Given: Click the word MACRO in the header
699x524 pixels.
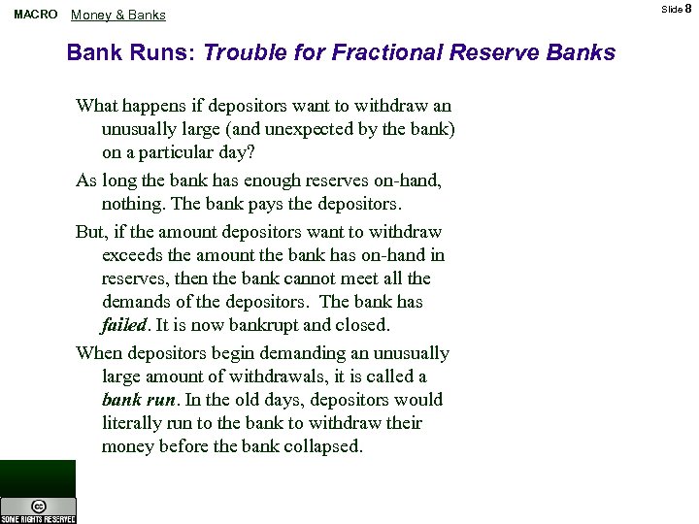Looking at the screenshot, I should (x=35, y=15).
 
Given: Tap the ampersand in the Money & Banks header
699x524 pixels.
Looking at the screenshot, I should (x=118, y=15).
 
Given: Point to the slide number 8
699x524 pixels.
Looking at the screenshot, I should (x=688, y=9).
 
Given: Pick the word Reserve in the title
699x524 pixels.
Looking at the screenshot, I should (x=488, y=52).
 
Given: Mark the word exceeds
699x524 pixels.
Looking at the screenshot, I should (x=133, y=256).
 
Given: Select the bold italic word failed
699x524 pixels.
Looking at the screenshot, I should (x=122, y=326).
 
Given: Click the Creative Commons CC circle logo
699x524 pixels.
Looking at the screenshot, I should (x=38, y=505).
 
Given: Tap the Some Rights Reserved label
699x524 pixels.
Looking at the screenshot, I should (x=38, y=518).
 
